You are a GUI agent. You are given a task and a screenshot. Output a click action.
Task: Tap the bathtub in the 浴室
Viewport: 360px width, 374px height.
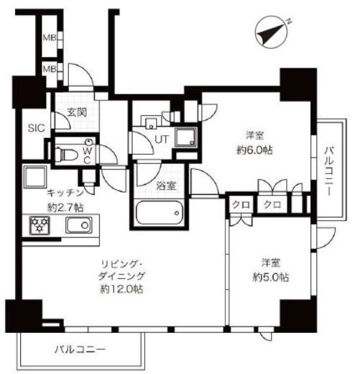click(159, 212)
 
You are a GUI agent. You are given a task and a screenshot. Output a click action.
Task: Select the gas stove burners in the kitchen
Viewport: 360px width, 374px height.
click(40, 225)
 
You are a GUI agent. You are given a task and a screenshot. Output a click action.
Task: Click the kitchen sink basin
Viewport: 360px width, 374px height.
click(79, 225)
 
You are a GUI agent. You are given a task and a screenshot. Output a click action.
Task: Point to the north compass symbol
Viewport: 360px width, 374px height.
click(272, 32)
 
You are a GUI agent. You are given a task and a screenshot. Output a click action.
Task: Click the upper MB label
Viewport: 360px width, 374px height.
click(50, 37)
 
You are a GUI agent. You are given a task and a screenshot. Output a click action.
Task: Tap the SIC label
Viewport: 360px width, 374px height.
click(37, 128)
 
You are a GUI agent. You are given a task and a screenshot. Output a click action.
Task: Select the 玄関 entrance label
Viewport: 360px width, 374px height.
click(77, 112)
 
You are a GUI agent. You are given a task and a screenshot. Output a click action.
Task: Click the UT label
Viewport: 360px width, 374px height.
click(162, 140)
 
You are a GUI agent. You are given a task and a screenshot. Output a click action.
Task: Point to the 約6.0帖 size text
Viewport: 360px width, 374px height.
click(254, 150)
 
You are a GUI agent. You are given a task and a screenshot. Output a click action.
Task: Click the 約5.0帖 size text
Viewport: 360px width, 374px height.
click(271, 278)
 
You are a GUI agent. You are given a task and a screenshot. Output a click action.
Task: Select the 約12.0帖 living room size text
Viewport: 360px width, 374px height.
click(121, 289)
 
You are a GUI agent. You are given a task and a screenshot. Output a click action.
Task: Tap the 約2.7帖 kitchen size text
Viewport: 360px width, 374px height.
click(65, 208)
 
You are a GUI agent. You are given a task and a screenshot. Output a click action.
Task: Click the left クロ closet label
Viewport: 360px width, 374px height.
click(241, 205)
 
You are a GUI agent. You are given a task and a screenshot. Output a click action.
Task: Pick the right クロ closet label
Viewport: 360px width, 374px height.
click(272, 205)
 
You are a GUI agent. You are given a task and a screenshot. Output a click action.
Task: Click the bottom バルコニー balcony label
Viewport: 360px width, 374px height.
click(80, 350)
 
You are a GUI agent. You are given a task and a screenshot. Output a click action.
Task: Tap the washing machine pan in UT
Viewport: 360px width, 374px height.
click(186, 137)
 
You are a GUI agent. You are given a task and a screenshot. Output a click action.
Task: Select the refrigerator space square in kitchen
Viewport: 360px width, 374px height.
click(35, 177)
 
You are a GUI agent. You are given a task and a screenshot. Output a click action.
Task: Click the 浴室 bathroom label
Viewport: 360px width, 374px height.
click(166, 186)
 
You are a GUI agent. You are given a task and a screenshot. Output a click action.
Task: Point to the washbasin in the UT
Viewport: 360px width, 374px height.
click(151, 122)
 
